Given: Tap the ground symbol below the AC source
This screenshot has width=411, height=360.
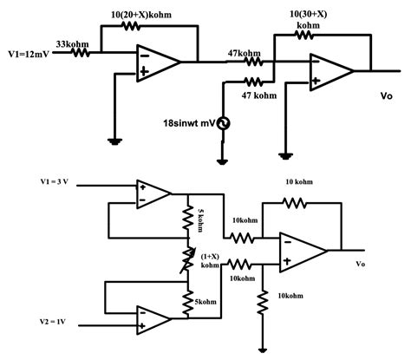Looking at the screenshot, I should point(223,161).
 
